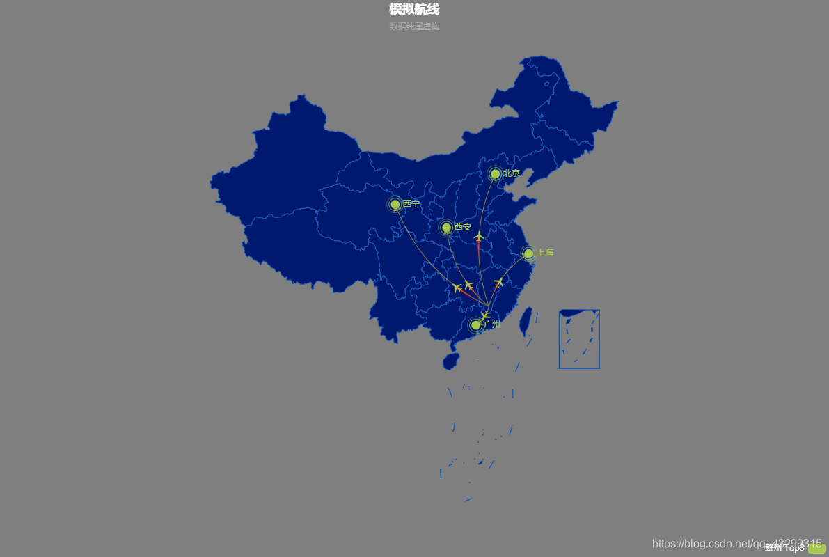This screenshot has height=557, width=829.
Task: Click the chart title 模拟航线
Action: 414,10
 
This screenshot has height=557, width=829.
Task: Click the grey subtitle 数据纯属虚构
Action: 414,26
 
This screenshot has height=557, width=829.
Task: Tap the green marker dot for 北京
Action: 495,173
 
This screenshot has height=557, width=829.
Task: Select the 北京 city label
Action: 512,173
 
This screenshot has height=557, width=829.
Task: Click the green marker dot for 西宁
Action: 395,204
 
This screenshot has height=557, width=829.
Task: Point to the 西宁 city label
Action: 411,204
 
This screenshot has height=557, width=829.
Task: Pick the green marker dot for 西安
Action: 446,228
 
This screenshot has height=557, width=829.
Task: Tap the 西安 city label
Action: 463,227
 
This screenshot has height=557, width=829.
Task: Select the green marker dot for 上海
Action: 528,253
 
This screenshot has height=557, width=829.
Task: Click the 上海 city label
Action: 545,253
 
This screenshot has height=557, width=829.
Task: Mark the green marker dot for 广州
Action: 475,324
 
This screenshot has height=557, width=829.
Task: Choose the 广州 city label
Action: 493,324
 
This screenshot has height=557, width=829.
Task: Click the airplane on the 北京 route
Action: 479,237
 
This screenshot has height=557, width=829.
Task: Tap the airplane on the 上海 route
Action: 498,282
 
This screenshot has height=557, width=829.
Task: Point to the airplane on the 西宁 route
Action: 457,288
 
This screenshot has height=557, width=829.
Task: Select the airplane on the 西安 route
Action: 468,285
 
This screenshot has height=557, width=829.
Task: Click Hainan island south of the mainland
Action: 451,361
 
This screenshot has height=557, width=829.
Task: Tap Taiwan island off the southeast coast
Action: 528,318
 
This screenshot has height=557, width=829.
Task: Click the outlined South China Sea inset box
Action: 579,339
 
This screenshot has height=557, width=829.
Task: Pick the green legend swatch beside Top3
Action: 816,548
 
